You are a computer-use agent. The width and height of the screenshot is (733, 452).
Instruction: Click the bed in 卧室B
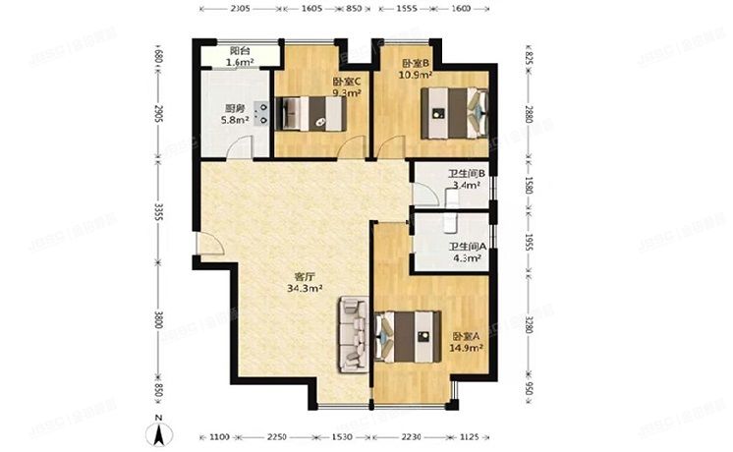coord(455,111)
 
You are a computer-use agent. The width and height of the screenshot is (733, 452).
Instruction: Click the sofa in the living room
coord(352,336)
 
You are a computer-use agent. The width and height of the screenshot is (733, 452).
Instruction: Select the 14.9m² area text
coord(467,348)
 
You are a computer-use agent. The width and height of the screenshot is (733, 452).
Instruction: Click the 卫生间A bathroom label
coord(468,247)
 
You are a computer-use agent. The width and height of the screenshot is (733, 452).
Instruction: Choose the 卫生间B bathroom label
coord(467,174)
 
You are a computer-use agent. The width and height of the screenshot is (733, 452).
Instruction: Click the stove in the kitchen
coord(261,115)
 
